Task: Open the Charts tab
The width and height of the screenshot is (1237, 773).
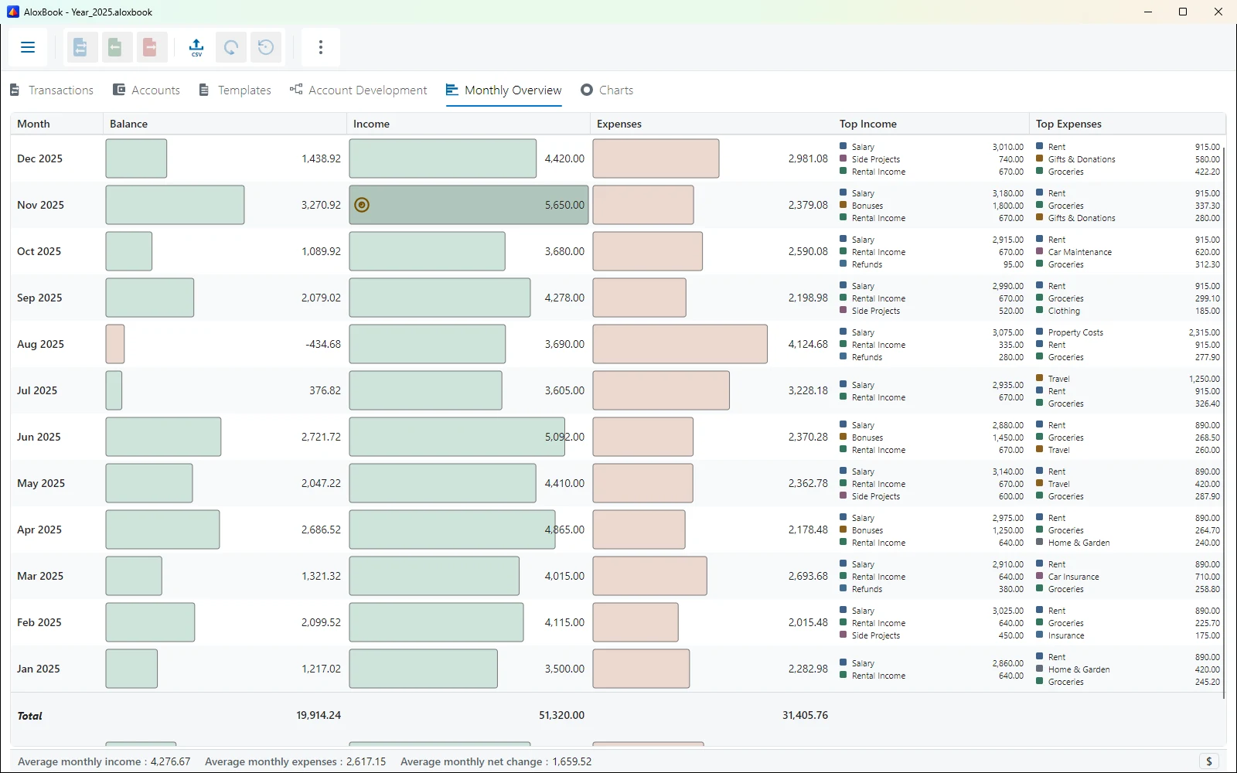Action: [x=606, y=90]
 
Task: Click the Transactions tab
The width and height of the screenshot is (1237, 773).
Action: [x=52, y=90]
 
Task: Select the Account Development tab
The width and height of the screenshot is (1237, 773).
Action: [x=358, y=90]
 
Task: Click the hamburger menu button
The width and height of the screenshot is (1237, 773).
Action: [x=28, y=47]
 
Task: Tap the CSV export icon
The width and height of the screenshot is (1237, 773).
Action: [x=196, y=47]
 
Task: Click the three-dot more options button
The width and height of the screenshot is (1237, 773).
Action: [x=321, y=47]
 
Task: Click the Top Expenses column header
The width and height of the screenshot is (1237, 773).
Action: [x=1068, y=124]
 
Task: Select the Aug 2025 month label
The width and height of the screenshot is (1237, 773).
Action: [x=40, y=344]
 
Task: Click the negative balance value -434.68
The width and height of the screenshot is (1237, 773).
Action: [x=323, y=344]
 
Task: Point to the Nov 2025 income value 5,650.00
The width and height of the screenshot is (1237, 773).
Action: [x=564, y=205]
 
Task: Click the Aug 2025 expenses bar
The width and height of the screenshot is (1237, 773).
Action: [x=680, y=344]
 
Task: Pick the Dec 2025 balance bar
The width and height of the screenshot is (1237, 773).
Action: [x=136, y=158]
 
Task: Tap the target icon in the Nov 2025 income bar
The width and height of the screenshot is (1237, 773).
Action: [x=362, y=205]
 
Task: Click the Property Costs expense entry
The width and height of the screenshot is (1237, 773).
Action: [x=1075, y=332]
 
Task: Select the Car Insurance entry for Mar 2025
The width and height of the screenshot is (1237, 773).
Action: [x=1073, y=577]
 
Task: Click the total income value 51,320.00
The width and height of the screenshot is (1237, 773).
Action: [x=561, y=715]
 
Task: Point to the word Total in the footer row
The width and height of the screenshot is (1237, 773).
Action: [x=30, y=716]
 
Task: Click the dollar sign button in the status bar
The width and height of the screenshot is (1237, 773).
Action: [x=1209, y=761]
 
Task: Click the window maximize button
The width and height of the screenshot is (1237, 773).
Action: [x=1183, y=12]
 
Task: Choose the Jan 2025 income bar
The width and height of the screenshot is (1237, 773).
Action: [x=423, y=669]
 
